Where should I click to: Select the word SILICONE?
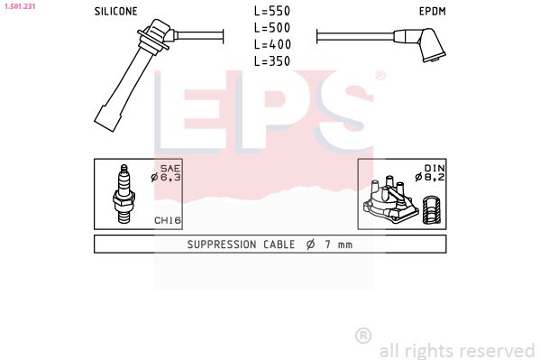pos(115,12)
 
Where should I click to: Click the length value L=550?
pos(272,12)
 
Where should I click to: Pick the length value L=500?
pos(272,28)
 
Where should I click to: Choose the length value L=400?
pos(272,44)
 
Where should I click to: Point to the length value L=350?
pos(272,60)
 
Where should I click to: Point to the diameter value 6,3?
pos(171,178)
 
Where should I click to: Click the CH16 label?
pos(167,219)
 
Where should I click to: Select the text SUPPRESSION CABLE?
pos(241,245)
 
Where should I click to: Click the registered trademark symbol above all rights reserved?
pos(363,336)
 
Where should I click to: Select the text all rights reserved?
pos(456,350)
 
